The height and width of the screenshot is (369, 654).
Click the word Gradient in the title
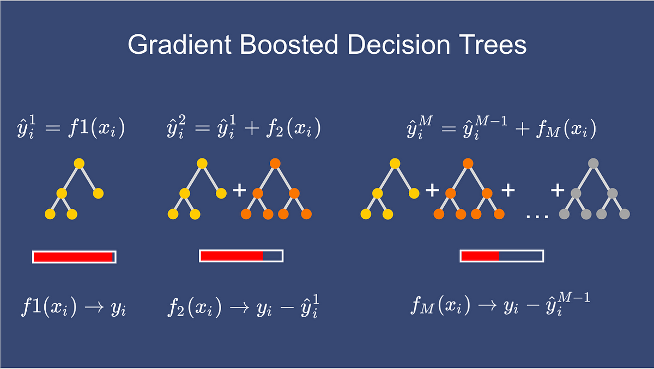(180, 45)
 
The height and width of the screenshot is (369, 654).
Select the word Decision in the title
(398, 45)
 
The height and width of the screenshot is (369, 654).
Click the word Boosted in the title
(289, 45)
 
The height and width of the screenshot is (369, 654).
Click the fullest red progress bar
(74, 257)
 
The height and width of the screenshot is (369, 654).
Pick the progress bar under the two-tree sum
(241, 256)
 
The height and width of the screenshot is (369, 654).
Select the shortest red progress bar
(502, 256)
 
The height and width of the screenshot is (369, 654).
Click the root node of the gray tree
(594, 163)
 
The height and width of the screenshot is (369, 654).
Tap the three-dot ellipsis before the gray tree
(537, 216)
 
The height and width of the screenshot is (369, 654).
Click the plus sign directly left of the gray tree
(558, 190)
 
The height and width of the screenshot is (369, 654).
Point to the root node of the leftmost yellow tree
(79, 163)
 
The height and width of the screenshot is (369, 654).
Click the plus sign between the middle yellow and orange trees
(239, 190)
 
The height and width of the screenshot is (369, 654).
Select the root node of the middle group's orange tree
(275, 163)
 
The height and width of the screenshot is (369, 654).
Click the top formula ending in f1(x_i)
(71, 127)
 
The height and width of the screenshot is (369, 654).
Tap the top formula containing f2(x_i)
(244, 127)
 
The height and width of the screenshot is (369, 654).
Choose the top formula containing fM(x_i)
(501, 127)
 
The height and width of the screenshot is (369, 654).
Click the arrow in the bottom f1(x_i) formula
(94, 307)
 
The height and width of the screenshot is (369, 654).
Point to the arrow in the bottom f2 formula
(240, 307)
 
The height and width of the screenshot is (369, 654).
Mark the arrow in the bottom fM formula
(487, 305)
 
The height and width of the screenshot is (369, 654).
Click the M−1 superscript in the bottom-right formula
(574, 297)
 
